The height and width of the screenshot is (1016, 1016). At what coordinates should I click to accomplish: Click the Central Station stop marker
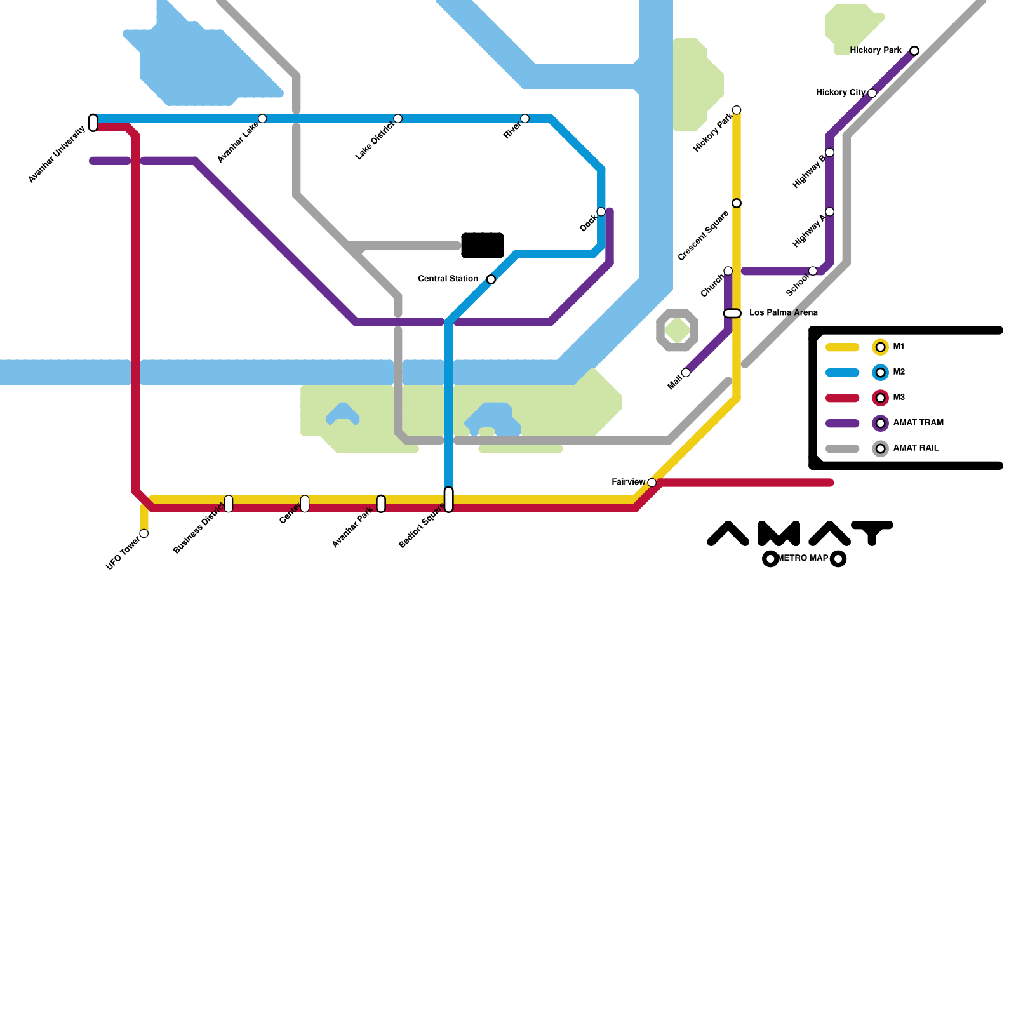(x=491, y=279)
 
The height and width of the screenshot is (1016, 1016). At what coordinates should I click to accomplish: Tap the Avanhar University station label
(x=57, y=155)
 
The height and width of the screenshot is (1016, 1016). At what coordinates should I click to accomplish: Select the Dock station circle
(x=601, y=211)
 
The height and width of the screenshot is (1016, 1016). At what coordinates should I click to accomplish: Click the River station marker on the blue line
(x=525, y=119)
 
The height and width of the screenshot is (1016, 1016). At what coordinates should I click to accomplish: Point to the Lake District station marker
(x=398, y=119)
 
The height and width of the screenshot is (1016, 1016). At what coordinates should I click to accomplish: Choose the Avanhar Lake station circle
(x=262, y=119)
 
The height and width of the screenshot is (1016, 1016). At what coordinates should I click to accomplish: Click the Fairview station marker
(x=652, y=483)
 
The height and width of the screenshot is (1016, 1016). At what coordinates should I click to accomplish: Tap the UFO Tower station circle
(x=144, y=533)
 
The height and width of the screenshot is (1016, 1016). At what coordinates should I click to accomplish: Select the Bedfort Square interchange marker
(x=449, y=500)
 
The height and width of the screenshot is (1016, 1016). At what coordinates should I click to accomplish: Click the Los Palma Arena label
(x=784, y=312)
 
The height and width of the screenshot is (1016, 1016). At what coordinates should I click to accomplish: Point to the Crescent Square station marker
(x=737, y=203)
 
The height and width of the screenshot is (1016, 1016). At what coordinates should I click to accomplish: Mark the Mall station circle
(x=686, y=373)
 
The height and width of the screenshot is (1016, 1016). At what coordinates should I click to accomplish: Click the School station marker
(x=813, y=271)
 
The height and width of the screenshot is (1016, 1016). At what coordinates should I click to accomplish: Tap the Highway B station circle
(x=829, y=152)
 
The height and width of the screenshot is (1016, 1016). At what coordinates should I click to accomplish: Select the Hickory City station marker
(x=872, y=93)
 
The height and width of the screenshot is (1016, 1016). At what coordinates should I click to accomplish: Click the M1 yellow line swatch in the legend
(x=842, y=347)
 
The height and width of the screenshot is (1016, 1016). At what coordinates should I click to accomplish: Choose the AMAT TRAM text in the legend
(x=918, y=423)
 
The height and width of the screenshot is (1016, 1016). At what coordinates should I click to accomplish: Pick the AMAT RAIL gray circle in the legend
(x=880, y=449)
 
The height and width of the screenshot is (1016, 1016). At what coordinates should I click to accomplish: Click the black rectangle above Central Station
(x=483, y=246)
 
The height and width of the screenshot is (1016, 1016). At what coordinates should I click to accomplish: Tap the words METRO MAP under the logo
(x=803, y=559)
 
